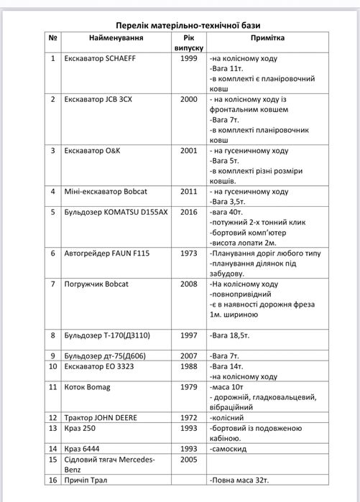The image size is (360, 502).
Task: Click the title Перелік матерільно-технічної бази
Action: [180, 23]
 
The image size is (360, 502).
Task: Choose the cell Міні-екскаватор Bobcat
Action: [105, 192]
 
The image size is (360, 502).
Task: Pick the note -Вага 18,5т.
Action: [230, 335]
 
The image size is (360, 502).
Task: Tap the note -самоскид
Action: [232, 448]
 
